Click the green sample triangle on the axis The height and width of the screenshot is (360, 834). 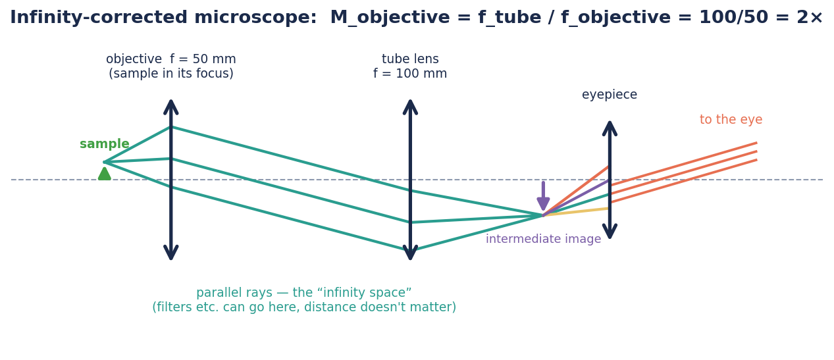[105, 174]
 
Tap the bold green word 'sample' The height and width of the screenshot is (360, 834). [105, 144]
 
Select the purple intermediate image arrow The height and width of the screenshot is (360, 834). [543, 196]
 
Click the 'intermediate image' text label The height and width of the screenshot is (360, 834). [543, 239]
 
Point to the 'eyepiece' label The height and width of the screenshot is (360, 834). [610, 95]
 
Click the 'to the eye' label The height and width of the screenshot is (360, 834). [731, 120]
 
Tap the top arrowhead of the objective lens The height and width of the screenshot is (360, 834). [171, 107]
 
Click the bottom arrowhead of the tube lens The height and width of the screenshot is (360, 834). [410, 253]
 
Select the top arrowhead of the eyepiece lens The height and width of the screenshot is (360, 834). [610, 128]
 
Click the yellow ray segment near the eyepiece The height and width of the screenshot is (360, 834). [576, 212]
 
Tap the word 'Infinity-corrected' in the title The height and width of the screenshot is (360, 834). [99, 18]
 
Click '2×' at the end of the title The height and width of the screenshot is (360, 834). [810, 18]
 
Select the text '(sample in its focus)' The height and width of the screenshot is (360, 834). [171, 74]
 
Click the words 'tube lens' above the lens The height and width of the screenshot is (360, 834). [410, 59]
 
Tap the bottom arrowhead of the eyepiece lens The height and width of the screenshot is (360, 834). [610, 232]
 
